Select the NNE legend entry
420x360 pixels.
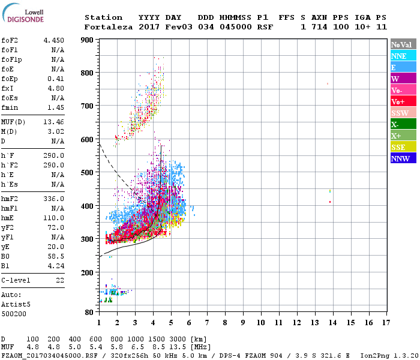coord(403,56)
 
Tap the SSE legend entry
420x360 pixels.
coord(403,148)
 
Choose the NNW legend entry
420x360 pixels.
coord(403,159)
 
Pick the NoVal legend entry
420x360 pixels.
coord(403,44)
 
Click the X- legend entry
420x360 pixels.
coord(403,125)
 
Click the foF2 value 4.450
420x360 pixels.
coord(53,40)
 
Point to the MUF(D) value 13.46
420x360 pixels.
coord(53,121)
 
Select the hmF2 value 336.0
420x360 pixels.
coord(53,199)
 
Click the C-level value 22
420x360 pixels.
coord(60,280)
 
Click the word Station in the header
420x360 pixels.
coord(103,17)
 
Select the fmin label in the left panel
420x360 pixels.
coord(11,107)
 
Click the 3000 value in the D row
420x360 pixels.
coord(178,340)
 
